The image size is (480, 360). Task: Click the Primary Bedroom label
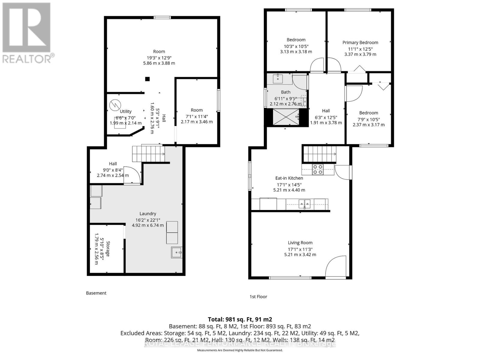(x=360, y=43)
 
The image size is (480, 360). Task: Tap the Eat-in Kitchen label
(x=289, y=178)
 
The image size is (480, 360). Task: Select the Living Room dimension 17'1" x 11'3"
(x=300, y=249)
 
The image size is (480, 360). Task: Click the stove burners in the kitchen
(x=318, y=169)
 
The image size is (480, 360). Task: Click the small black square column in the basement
(x=147, y=79)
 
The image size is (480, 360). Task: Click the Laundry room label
(x=148, y=214)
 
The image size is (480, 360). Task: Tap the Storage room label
(x=107, y=249)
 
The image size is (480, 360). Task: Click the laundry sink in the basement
(x=177, y=252)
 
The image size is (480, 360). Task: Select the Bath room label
(x=286, y=92)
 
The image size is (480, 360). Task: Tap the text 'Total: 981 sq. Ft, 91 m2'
(x=240, y=319)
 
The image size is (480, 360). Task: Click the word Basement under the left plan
(x=96, y=293)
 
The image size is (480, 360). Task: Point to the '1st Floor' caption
(x=258, y=297)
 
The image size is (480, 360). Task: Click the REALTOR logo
(x=27, y=33)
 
